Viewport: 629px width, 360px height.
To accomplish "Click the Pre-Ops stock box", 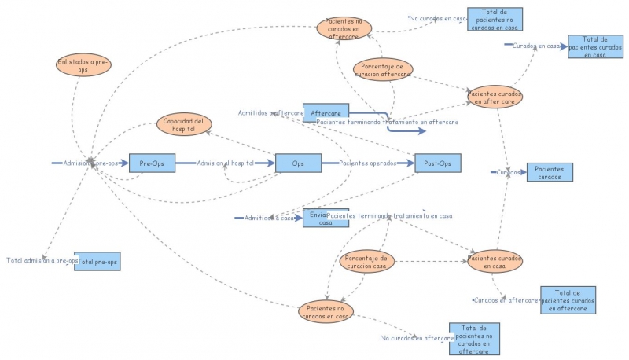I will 151,163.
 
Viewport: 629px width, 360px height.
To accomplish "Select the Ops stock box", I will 298,163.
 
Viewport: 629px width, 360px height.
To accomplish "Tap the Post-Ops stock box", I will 437,163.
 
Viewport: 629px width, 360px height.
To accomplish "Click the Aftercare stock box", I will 326,113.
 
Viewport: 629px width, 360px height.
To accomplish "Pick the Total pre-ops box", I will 97,261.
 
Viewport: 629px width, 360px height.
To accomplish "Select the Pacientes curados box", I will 550,172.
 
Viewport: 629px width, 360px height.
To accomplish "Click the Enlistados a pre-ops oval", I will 83,64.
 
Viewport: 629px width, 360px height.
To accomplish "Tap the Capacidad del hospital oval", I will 184,124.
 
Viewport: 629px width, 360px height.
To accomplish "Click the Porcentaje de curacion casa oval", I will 367,262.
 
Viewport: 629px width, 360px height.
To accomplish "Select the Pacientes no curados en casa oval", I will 326,311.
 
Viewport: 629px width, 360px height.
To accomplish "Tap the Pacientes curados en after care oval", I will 495,97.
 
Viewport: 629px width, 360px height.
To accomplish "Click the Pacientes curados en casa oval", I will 495,261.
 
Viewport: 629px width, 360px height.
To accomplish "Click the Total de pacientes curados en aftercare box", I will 568,300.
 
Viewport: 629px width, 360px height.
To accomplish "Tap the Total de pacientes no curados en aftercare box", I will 474,339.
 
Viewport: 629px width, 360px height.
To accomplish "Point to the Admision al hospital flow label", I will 225,163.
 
